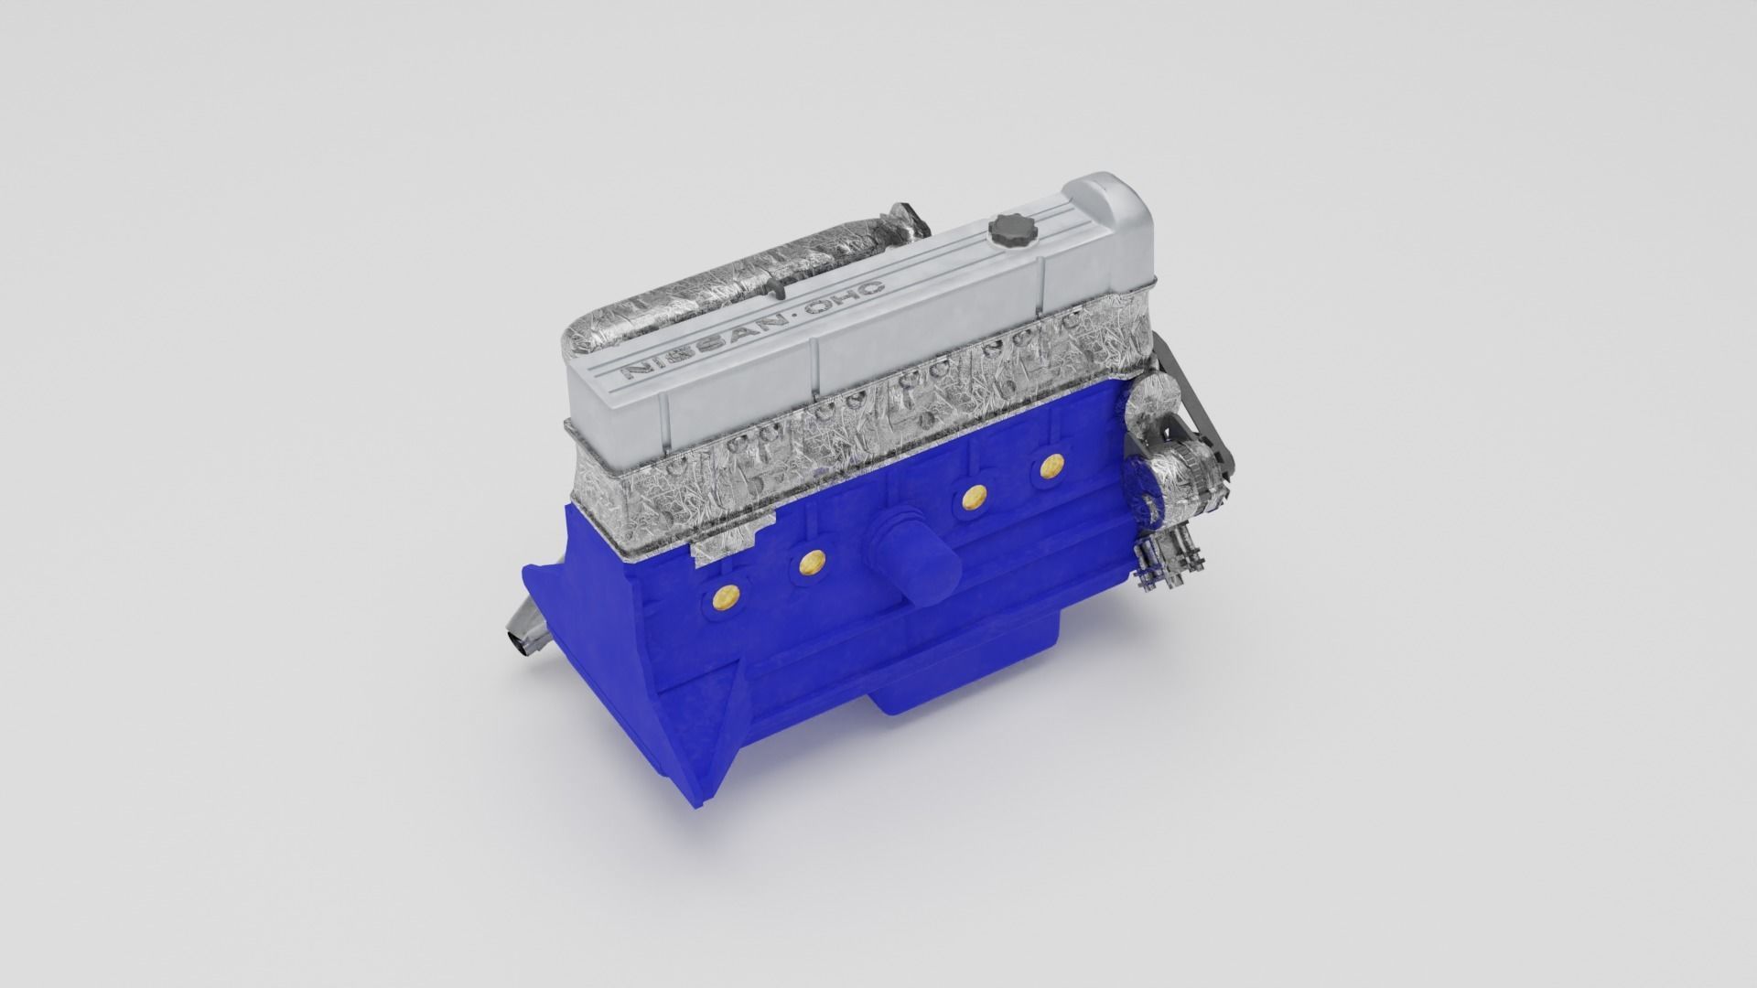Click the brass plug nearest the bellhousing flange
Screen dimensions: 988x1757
coord(724,597)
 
